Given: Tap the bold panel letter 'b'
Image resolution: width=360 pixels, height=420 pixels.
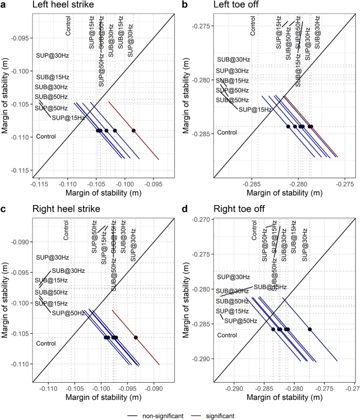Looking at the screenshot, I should click(184, 5).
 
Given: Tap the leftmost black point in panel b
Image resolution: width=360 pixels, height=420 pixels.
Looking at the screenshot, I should click(288, 126).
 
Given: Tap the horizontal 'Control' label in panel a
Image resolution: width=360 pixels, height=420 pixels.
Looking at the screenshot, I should click(46, 137).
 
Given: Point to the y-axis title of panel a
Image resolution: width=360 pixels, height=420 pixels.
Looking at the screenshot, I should click(6, 95).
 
